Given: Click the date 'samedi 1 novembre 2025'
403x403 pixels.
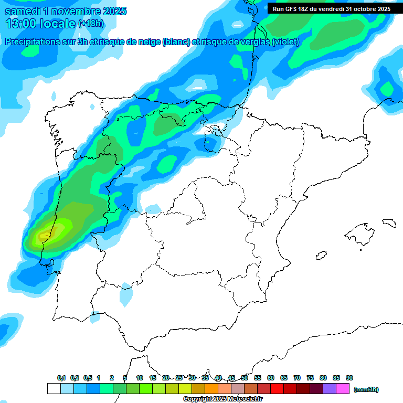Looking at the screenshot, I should click(x=66, y=11).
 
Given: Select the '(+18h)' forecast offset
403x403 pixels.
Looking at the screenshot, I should click(x=91, y=24).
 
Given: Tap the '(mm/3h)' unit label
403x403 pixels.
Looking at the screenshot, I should click(x=366, y=389).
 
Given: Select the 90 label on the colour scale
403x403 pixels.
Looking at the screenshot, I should click(x=349, y=378).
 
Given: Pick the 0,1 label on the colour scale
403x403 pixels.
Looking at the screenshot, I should click(x=61, y=378).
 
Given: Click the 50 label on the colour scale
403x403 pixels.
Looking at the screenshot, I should click(x=245, y=378).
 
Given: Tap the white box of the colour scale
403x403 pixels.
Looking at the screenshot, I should click(x=54, y=389).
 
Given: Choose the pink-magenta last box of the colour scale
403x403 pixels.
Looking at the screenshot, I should click(x=343, y=389).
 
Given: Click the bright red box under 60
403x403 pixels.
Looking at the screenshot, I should click(x=277, y=389).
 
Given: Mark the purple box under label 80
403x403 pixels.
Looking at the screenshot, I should click(x=330, y=389).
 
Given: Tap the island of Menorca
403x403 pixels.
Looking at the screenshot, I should click(x=388, y=222).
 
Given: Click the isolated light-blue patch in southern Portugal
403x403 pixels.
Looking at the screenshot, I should click(x=126, y=295).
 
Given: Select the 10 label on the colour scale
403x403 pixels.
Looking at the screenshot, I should click(x=140, y=378).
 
